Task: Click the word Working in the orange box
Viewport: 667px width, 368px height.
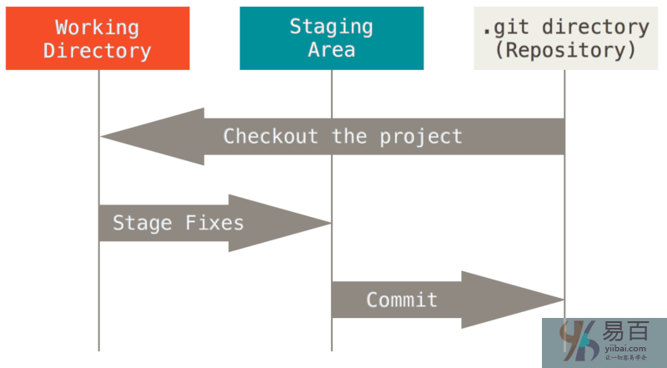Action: pyautogui.click(x=97, y=28)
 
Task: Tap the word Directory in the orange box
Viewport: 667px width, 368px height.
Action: pyautogui.click(x=97, y=51)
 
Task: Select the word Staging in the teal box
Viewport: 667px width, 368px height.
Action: pyautogui.click(x=331, y=27)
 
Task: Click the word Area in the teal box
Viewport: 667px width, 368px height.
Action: pyautogui.click(x=331, y=50)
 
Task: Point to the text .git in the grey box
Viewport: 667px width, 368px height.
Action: pyautogui.click(x=506, y=28)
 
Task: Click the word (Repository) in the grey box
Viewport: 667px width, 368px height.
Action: pyautogui.click(x=566, y=50)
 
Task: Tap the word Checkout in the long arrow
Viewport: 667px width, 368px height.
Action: pyautogui.click(x=270, y=137)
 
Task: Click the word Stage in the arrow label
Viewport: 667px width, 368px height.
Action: pyautogui.click(x=143, y=224)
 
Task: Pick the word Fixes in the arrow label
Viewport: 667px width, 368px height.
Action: pyautogui.click(x=214, y=223)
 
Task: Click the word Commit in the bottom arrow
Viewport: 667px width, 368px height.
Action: pyautogui.click(x=402, y=300)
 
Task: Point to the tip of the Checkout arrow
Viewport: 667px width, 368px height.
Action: pyautogui.click(x=101, y=136)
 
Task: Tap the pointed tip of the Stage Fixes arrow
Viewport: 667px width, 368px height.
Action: pyautogui.click(x=330, y=223)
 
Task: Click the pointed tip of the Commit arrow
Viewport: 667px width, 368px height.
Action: pyautogui.click(x=564, y=300)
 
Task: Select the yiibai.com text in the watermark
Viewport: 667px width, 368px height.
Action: pyautogui.click(x=625, y=349)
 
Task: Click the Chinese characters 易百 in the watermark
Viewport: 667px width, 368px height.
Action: pyautogui.click(x=626, y=331)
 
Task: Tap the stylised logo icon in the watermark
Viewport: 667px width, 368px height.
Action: pyautogui.click(x=579, y=341)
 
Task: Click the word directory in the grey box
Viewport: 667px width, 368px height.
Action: pyautogui.click(x=596, y=28)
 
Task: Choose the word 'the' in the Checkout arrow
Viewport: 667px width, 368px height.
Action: pyautogui.click(x=349, y=137)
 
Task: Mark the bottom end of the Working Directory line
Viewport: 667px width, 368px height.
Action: pyautogui.click(x=98, y=351)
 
